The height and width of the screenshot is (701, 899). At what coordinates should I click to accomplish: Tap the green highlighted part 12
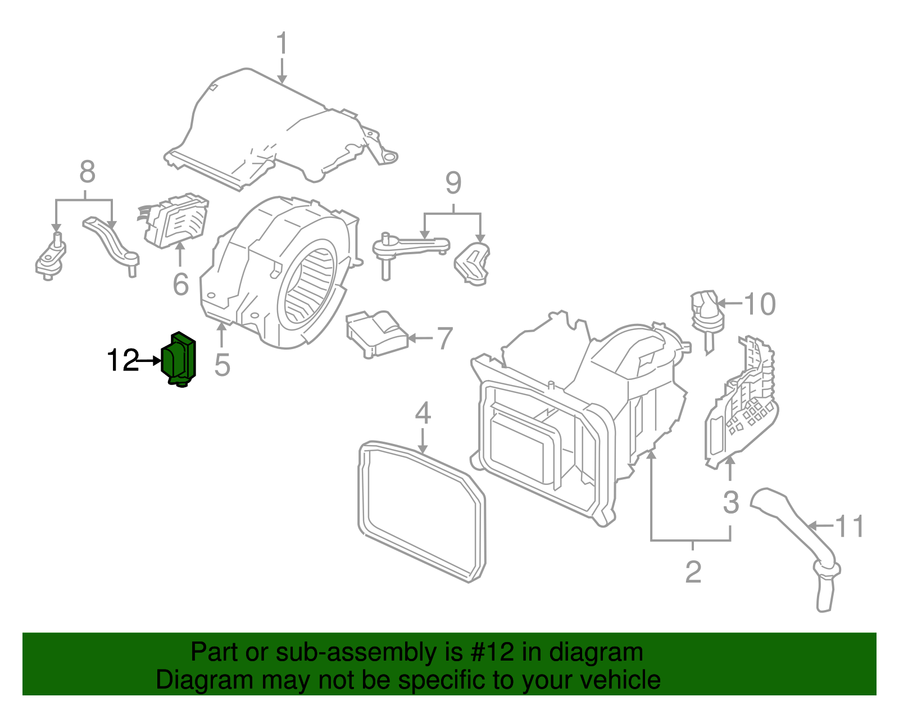coord(179,359)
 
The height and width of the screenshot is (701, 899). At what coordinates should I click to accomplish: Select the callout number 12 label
coord(123,360)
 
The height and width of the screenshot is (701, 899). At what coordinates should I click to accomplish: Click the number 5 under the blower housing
coord(223,365)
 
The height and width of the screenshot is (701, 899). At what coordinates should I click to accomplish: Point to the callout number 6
coord(180,285)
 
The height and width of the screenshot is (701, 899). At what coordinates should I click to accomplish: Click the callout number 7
coord(444,338)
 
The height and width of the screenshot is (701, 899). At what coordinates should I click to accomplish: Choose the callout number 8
coord(87,172)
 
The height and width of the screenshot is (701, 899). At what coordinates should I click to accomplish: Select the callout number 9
coord(453,183)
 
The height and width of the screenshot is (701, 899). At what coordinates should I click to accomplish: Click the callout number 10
coord(760,304)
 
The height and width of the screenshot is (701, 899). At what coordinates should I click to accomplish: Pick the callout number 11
coord(850,526)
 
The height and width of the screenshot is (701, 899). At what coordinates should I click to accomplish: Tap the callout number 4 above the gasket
coord(423,414)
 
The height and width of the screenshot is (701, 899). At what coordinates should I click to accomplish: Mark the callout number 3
coord(730,502)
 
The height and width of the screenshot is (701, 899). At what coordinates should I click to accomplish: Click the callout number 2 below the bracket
coord(693,572)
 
